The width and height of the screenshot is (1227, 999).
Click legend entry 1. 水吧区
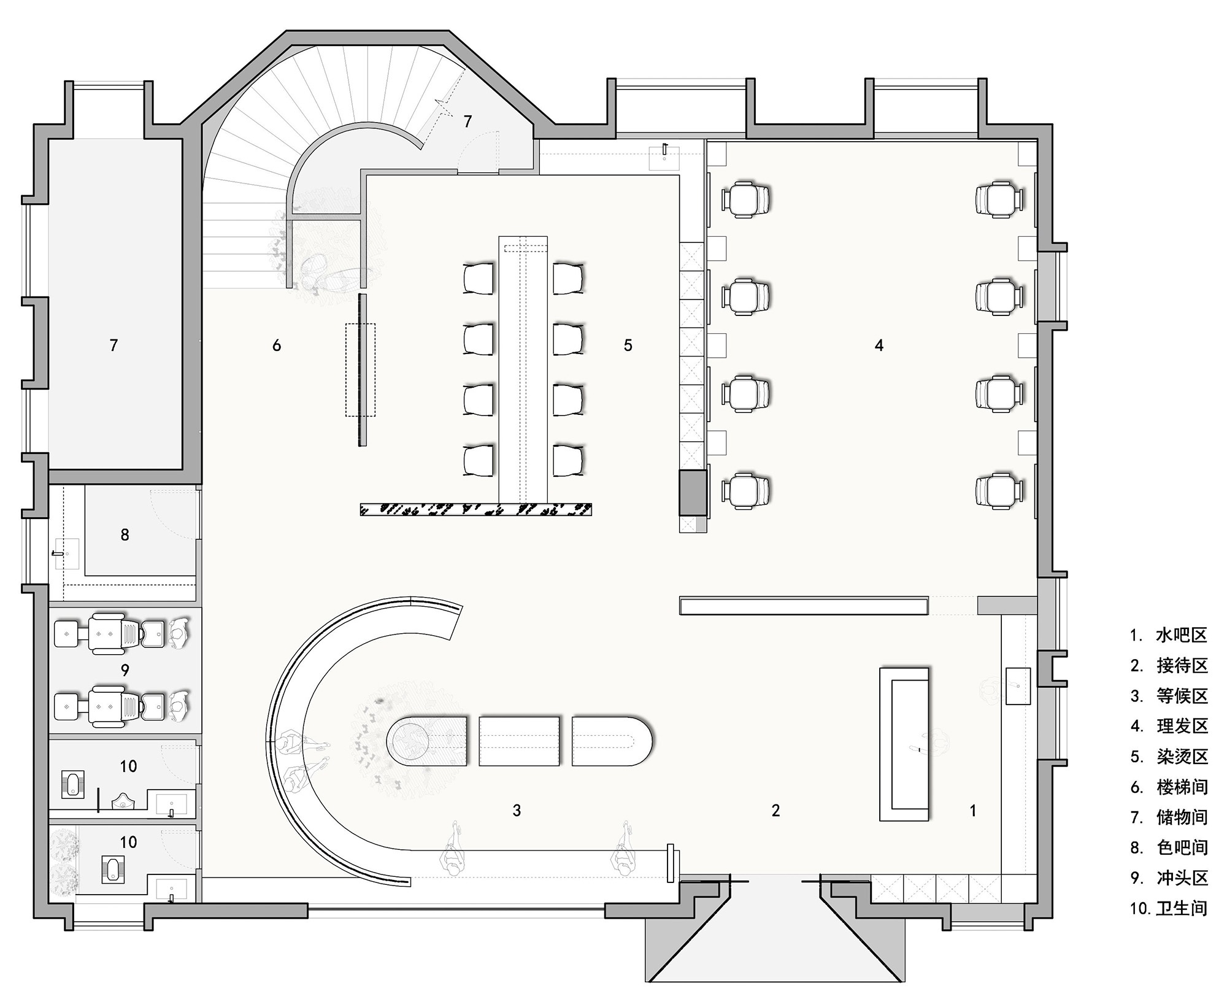coord(1169,635)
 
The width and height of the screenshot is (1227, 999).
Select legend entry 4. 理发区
coord(1169,726)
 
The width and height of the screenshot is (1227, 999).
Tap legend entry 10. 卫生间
coord(1169,908)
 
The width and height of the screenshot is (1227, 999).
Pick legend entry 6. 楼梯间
coord(1169,787)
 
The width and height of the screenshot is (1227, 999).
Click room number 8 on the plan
coord(125,535)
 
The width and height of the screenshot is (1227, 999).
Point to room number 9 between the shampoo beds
coord(125,670)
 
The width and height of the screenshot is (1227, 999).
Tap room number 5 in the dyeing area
coord(628,345)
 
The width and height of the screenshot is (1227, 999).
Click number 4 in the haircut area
coord(879,345)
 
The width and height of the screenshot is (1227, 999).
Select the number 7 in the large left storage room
coord(113,345)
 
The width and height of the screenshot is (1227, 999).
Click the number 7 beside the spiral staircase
coord(467,121)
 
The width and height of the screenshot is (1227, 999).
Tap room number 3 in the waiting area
coord(517,811)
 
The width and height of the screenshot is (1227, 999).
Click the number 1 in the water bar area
coord(972,811)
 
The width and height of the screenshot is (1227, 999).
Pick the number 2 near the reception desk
coord(775,811)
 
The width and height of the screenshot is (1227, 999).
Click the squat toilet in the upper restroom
coord(73,785)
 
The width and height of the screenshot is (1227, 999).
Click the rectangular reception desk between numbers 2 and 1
coord(904,744)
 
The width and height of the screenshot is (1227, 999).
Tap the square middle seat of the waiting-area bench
coord(519,741)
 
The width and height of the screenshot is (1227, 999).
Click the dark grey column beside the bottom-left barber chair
coord(693,492)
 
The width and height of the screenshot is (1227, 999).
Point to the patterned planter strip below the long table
coord(475,509)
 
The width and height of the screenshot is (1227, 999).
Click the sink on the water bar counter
coord(1018,685)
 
